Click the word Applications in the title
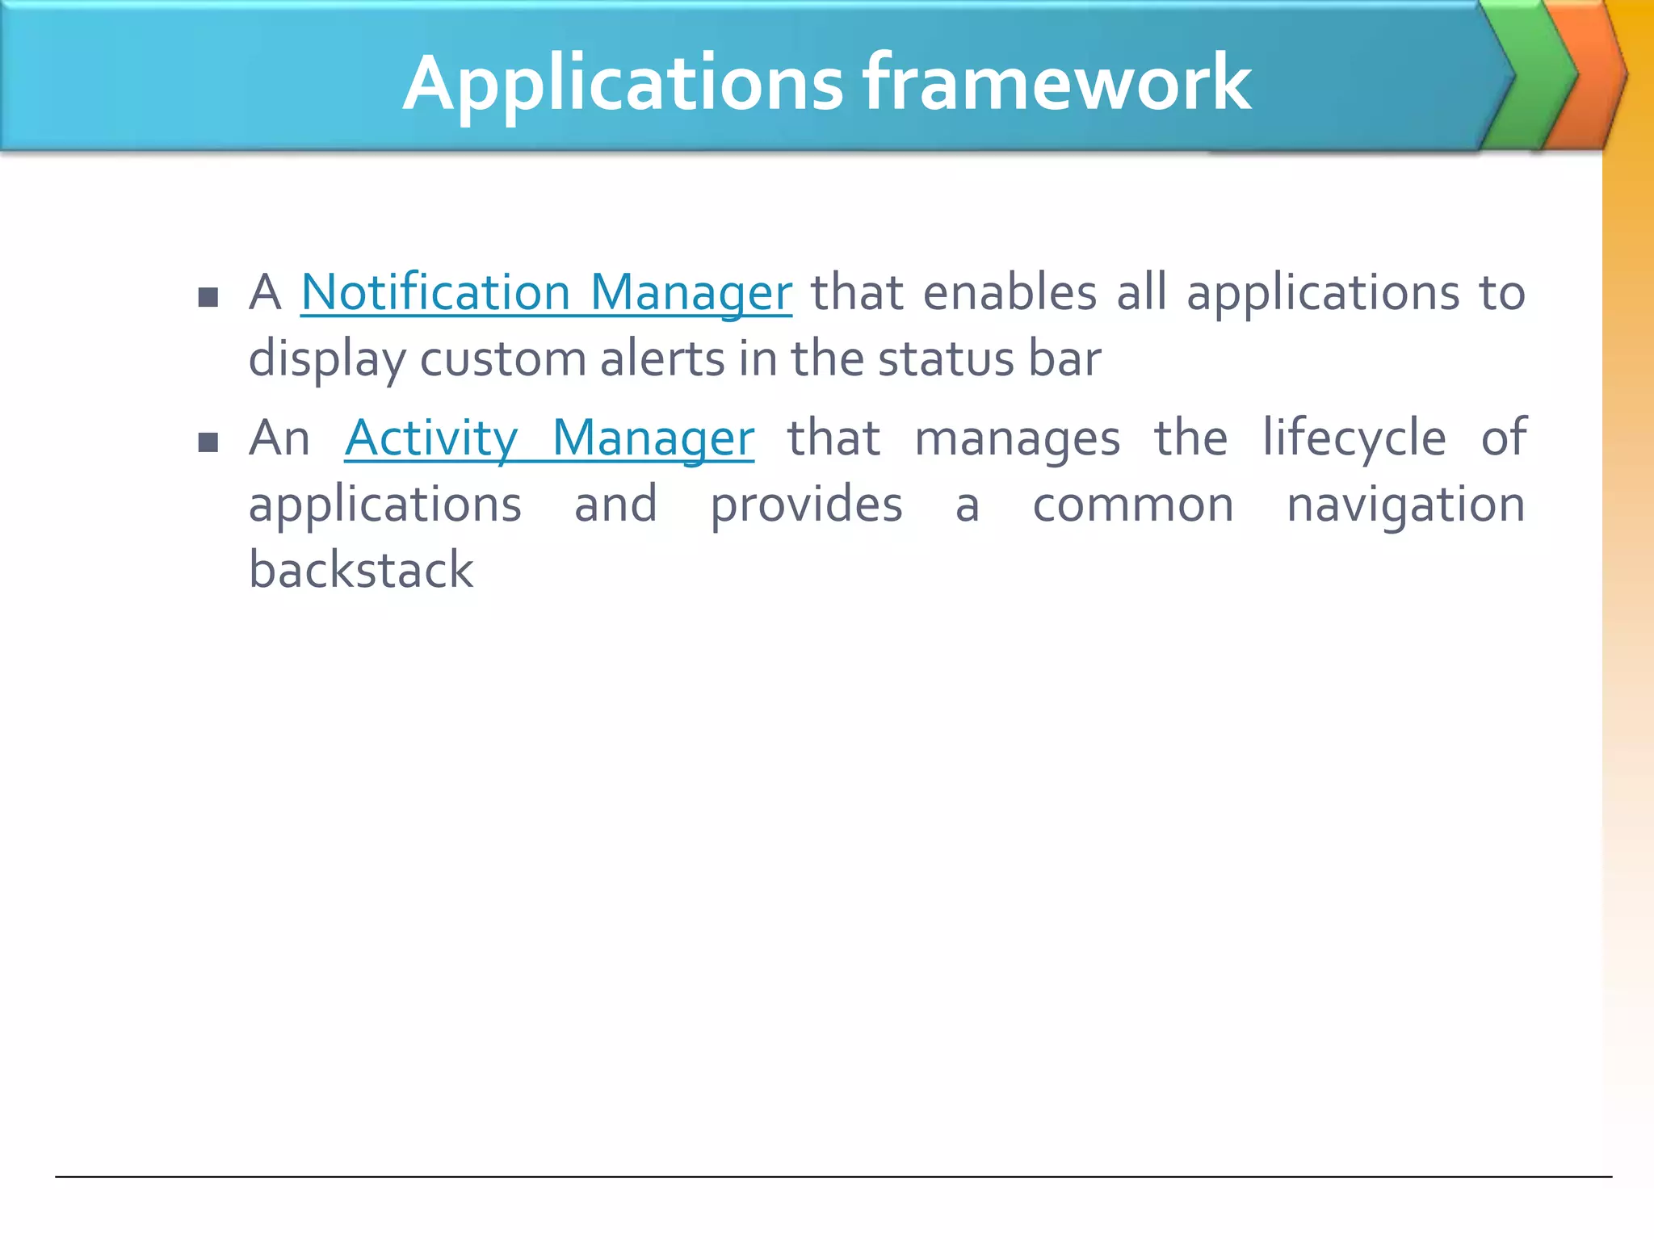coord(623,84)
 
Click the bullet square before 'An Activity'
coord(208,442)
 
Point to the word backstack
coord(360,570)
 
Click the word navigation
coord(1405,505)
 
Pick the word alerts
coord(662,358)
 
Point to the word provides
coord(806,505)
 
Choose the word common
coord(1133,505)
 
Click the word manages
coord(1017,440)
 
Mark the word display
coord(327,360)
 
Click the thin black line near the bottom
coord(832,1177)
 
